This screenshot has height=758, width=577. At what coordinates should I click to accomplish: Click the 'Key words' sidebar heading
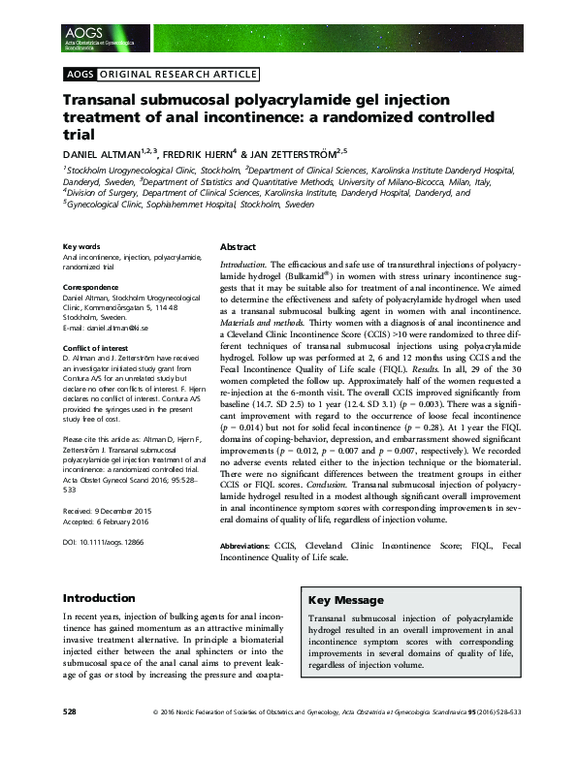tap(81, 247)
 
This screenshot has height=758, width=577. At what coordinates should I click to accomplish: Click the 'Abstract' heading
tap(240, 247)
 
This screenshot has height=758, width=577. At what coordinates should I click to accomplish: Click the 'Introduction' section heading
tap(98, 598)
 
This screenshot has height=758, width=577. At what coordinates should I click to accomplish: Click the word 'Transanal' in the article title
tap(105, 101)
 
